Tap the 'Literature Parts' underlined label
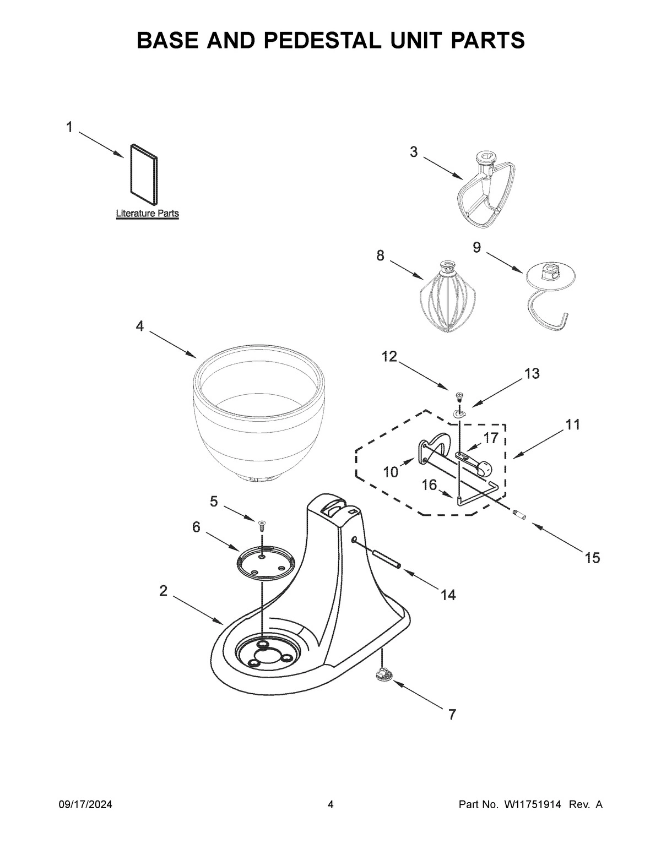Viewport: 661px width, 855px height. point(147,213)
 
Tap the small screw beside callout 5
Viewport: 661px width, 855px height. point(262,525)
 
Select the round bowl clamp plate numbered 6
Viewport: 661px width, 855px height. point(262,563)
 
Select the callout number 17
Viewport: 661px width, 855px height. point(490,438)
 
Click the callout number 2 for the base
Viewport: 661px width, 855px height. point(163,591)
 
